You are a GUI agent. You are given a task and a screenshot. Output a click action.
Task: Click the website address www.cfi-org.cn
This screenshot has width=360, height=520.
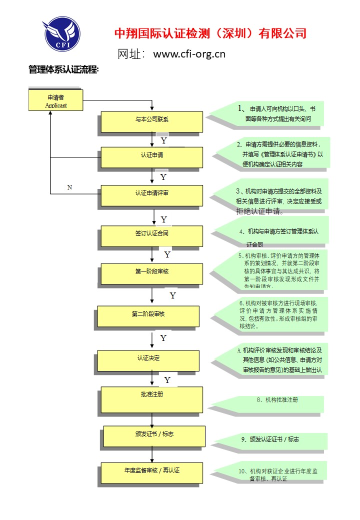coord(189,54)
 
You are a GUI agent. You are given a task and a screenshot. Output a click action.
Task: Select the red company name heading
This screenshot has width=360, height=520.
coord(210,33)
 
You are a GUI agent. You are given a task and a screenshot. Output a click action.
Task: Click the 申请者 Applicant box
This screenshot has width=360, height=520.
coord(56,100)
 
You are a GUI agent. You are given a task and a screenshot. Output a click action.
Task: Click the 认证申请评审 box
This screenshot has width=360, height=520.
coord(152,195)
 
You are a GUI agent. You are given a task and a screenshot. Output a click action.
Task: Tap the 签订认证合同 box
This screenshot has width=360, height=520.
coord(152,235)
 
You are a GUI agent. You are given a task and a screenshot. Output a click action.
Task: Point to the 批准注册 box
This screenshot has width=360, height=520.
coord(152,399)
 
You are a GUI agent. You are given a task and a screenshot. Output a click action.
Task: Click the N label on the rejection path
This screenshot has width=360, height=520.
coord(69,187)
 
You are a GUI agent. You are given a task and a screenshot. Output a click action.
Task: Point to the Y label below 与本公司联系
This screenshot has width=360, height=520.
coord(163,140)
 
